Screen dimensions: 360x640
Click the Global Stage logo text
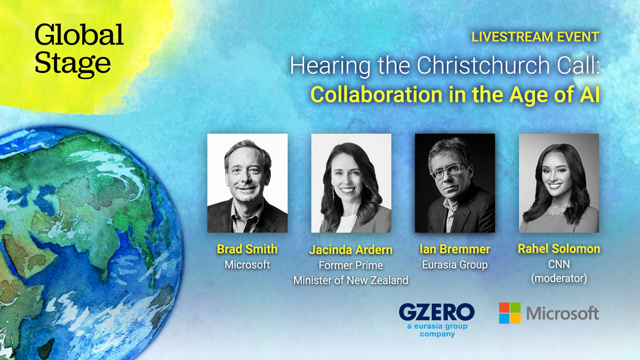[79, 49]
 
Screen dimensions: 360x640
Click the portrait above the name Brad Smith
[247, 183]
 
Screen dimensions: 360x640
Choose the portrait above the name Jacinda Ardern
[351, 183]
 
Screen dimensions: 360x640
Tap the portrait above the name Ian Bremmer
[455, 183]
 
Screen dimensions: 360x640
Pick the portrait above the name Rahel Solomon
[559, 183]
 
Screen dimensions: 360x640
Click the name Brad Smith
[247, 249]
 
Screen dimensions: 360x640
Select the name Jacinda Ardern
[351, 250]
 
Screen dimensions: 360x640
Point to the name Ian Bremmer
[455, 249]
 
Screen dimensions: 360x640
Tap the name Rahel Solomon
[559, 249]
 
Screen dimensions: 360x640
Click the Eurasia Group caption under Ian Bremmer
[455, 265]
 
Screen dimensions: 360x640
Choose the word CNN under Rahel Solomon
[559, 264]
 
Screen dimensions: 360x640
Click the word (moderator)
[559, 278]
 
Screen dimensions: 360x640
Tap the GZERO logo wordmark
[436, 312]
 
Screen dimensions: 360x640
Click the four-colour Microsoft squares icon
[509, 313]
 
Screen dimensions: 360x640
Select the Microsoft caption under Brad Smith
[247, 265]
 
